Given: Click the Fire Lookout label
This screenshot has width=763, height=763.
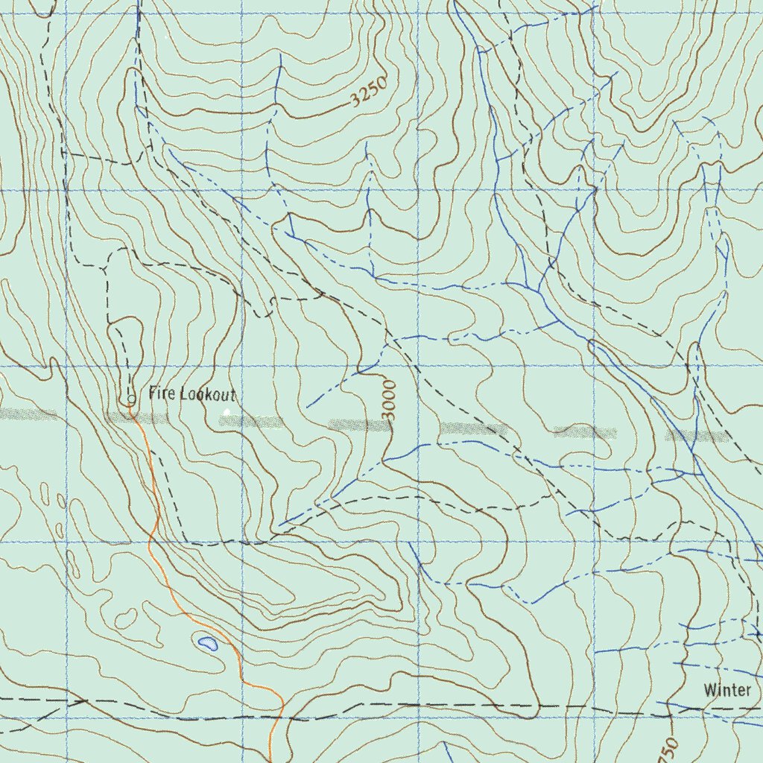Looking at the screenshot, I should pyautogui.click(x=192, y=393).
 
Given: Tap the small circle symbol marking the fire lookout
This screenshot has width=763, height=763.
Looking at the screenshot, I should pyautogui.click(x=131, y=399).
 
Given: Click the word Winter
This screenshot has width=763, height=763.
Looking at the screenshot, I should pyautogui.click(x=727, y=690).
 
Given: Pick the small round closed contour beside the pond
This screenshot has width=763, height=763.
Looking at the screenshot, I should pyautogui.click(x=128, y=618).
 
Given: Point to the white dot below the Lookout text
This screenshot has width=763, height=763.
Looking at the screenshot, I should pyautogui.click(x=227, y=411).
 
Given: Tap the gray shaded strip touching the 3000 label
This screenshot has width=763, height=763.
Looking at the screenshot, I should pyautogui.click(x=359, y=425).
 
